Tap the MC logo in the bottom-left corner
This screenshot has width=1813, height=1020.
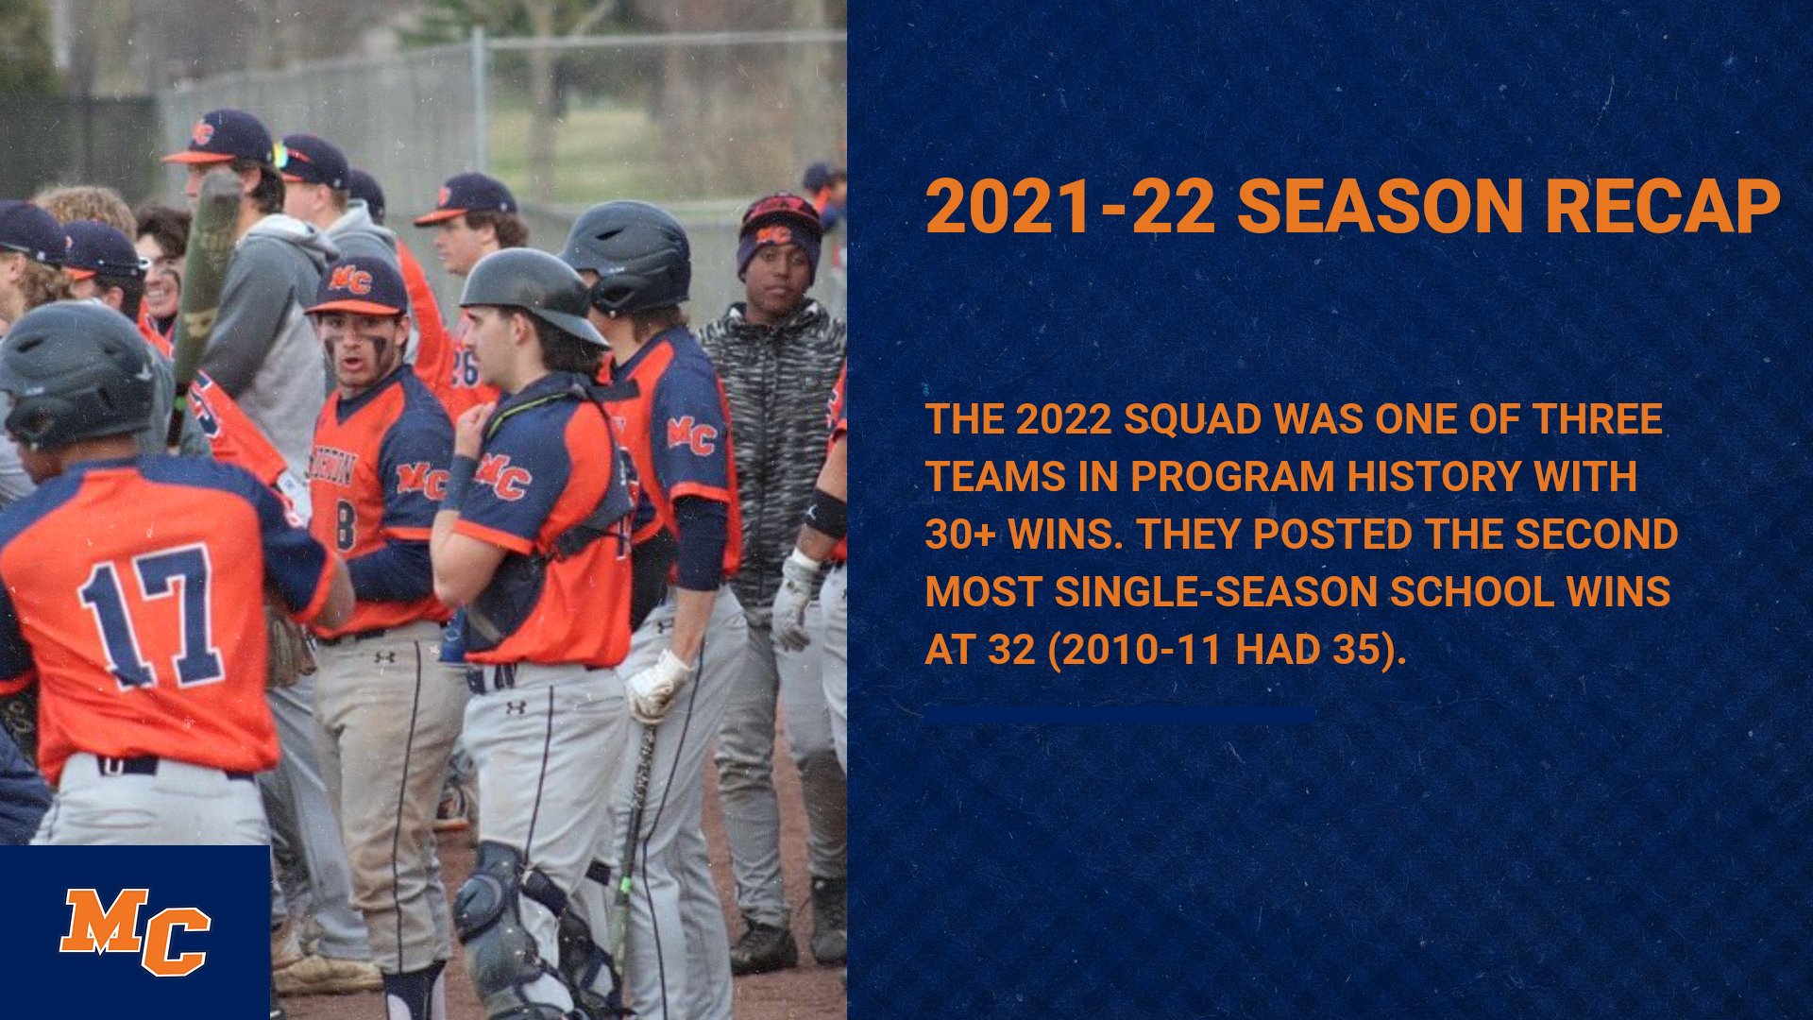coord(134,931)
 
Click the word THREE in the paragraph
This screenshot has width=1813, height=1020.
coord(1597,419)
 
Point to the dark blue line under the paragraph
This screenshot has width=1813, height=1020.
coord(1119,716)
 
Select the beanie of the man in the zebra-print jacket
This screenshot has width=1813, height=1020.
coord(780,225)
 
